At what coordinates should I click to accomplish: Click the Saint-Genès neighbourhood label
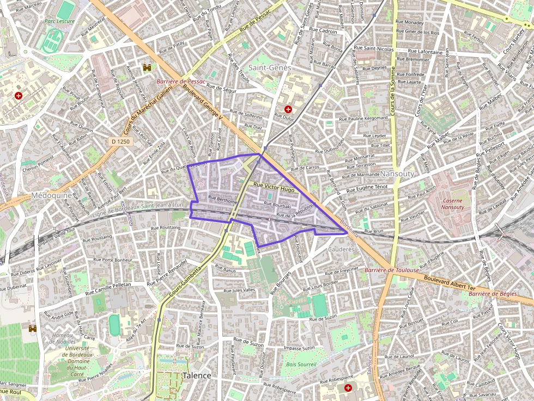(x=269, y=67)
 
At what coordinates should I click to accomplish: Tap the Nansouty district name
(x=397, y=174)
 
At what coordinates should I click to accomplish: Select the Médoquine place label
(x=51, y=195)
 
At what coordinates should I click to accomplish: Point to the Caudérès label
(x=341, y=249)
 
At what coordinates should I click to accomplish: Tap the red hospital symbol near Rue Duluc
(x=288, y=109)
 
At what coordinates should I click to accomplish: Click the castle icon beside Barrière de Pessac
(x=147, y=67)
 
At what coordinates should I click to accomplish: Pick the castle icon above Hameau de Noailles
(x=32, y=329)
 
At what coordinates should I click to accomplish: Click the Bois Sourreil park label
(x=301, y=364)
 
